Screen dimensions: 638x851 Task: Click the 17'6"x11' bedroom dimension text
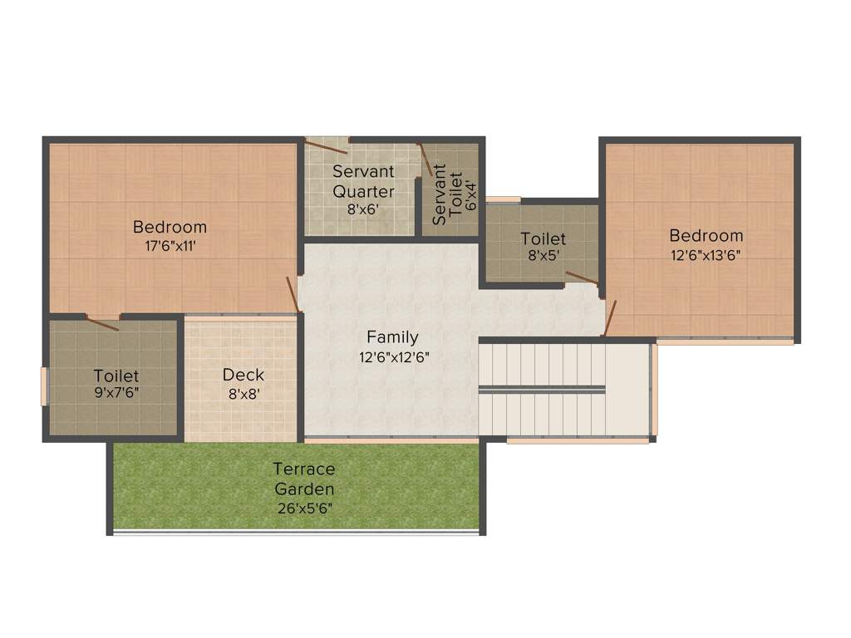170,245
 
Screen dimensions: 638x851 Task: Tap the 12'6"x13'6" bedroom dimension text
706,255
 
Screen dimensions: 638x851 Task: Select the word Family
392,337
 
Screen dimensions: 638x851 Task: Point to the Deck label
243,375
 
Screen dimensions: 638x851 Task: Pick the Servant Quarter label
363,181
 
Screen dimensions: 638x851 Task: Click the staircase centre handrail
542,388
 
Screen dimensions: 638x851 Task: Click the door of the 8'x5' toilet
581,278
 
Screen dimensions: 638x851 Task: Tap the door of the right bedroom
610,318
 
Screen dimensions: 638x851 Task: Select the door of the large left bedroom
293,295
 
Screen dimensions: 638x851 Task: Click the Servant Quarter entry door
326,148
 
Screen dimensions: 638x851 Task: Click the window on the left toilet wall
45,386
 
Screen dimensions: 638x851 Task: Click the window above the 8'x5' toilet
503,199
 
